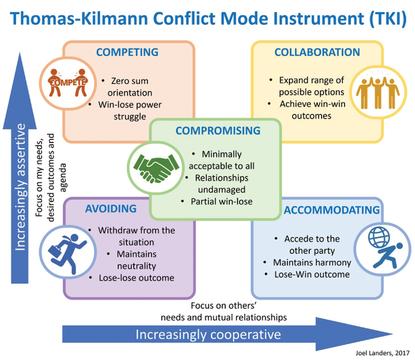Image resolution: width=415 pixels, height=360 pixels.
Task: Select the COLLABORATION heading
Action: (317, 52)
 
